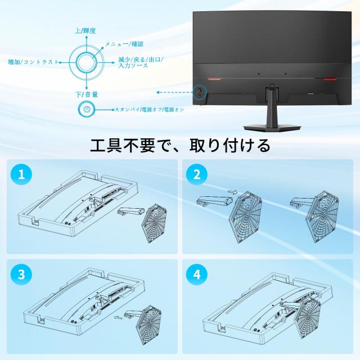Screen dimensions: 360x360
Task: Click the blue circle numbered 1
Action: (x=21, y=175)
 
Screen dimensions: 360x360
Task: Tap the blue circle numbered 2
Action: (x=196, y=175)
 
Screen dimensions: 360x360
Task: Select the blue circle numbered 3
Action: (x=21, y=275)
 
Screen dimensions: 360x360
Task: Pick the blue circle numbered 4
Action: (x=196, y=275)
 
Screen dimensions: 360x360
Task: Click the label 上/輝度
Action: (x=85, y=31)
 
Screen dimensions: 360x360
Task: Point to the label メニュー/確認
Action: (x=124, y=43)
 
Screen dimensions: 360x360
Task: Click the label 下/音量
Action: (x=87, y=94)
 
